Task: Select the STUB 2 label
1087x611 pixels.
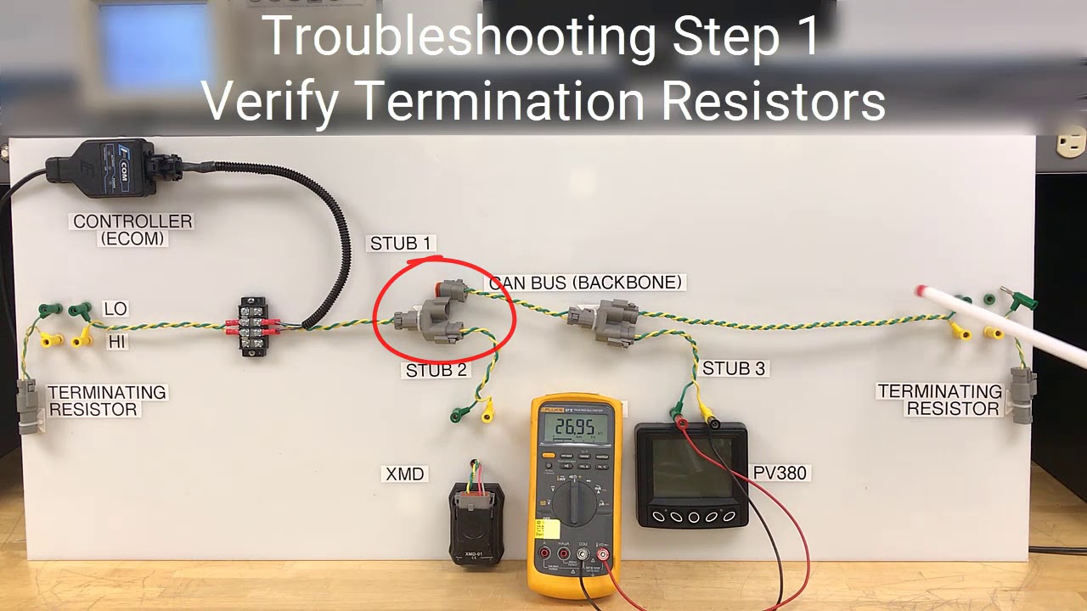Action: [x=436, y=370]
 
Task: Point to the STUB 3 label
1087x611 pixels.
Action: [x=733, y=368]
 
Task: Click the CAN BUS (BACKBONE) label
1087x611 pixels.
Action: [x=585, y=283]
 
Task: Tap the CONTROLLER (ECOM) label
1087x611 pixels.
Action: [x=132, y=230]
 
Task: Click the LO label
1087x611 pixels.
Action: [x=115, y=309]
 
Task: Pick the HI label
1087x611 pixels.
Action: [x=115, y=341]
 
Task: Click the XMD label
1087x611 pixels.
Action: [x=404, y=474]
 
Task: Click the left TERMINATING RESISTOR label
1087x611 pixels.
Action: [x=106, y=401]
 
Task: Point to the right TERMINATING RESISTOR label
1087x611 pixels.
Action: [x=939, y=400]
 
